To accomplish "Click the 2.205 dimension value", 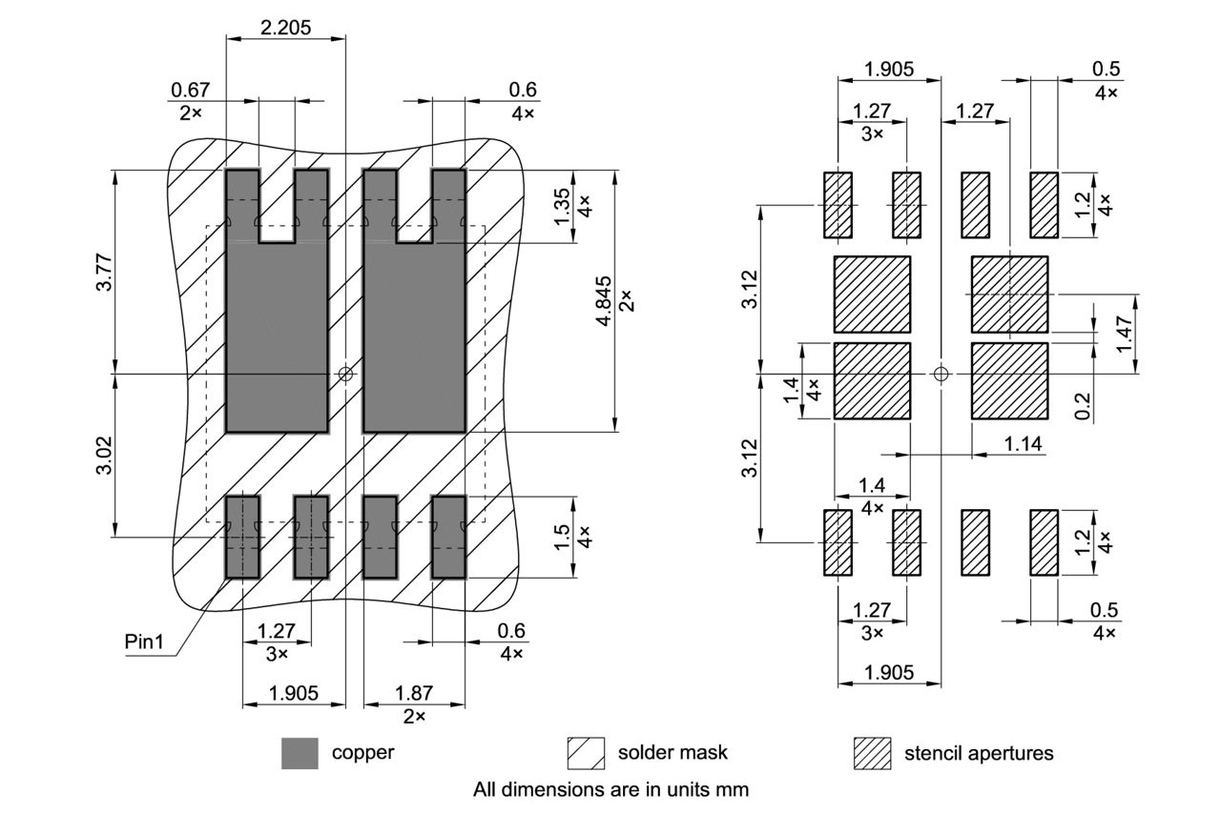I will coord(285,27).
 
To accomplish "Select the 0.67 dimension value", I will coord(190,91).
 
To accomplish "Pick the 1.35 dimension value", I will coord(563,207).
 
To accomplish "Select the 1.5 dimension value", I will coord(563,537).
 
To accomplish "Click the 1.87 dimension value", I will coord(413,693).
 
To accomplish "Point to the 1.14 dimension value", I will coord(1023,443).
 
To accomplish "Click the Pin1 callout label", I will coord(145,641).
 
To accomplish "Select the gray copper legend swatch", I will coord(300,753).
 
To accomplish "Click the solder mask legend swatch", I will coord(586,753).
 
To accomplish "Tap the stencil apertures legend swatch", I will coord(872,753).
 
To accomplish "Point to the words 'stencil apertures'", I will coord(979,753).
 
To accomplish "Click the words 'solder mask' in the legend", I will coord(673,752).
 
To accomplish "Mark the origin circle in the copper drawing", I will coord(345,375).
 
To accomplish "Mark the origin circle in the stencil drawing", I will coord(942,374).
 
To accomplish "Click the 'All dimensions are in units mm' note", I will coord(610,789).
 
